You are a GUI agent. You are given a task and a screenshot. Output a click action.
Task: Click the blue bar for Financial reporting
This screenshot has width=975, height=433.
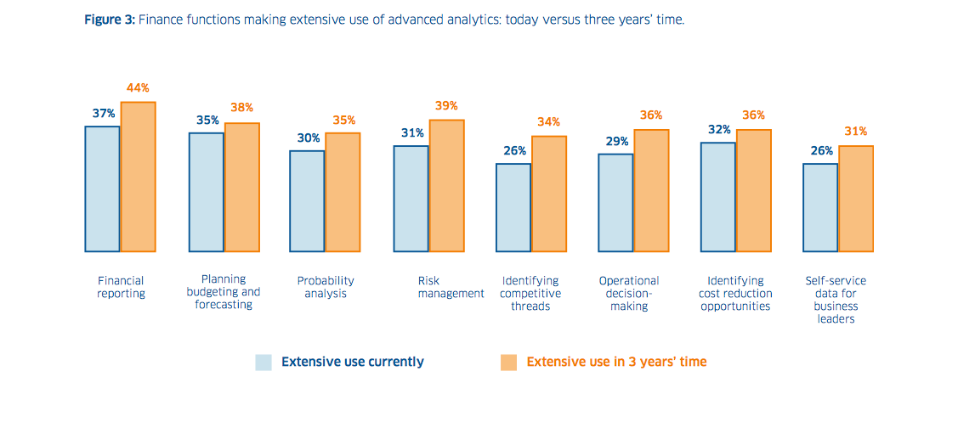[x=102, y=188]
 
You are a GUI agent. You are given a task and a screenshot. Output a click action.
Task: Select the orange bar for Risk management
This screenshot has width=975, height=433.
[x=446, y=186]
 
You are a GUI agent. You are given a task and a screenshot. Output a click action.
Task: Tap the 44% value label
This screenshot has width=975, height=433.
[x=137, y=88]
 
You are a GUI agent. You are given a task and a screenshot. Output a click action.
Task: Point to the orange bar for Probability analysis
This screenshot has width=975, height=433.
[x=343, y=192]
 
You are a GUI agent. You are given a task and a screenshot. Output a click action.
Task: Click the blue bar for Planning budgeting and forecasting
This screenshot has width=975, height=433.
[x=207, y=192]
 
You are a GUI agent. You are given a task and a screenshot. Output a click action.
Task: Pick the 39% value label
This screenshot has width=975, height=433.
[x=446, y=106]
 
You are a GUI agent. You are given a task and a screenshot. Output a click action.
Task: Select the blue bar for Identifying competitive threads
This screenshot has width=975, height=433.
[x=513, y=207]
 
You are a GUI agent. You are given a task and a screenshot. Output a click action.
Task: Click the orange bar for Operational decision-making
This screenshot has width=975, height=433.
[x=651, y=191]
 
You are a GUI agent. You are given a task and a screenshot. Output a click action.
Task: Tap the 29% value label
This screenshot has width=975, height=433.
[x=617, y=140]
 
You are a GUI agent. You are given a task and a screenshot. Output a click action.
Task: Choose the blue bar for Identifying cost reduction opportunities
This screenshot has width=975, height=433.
[x=718, y=197]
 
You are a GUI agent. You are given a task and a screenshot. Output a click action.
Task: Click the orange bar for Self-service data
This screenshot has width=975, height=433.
[x=856, y=199]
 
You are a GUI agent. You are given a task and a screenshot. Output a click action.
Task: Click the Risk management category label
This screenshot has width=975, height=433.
[x=451, y=287]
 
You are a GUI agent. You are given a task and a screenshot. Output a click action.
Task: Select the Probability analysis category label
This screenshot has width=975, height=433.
[x=326, y=287]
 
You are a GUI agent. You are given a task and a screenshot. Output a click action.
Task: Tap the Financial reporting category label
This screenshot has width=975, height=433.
[x=121, y=287]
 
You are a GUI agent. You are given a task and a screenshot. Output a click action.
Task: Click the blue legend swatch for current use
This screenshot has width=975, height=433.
[x=264, y=363]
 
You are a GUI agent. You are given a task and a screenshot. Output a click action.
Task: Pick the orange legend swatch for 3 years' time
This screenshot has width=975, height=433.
[x=509, y=363]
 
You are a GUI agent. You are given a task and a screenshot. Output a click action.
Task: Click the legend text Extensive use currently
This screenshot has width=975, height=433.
[x=352, y=362]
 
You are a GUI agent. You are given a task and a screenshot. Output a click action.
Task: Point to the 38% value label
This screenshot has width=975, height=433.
[x=241, y=109]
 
